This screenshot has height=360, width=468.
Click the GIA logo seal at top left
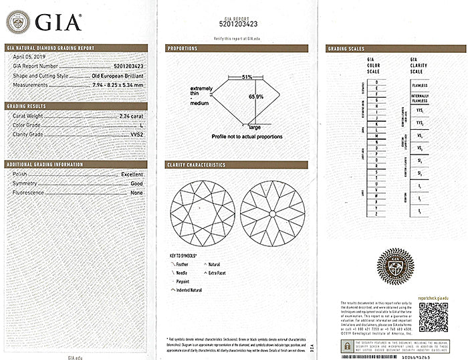(17, 21)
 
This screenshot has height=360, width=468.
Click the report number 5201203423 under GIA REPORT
(238, 24)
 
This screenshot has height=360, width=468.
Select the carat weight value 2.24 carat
(129, 116)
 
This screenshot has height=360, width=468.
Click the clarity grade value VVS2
(136, 134)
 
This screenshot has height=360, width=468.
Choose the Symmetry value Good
(137, 183)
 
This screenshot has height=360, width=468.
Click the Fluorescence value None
(137, 193)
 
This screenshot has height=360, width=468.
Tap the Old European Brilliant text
(119, 76)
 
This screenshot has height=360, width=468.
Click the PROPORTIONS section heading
(183, 49)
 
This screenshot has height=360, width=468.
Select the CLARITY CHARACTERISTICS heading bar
(197, 165)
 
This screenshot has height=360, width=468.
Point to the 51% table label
(247, 77)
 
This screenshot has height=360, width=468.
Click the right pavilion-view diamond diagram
(271, 213)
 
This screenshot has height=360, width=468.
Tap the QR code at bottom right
(433, 317)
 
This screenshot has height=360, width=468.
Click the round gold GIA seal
(395, 265)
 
